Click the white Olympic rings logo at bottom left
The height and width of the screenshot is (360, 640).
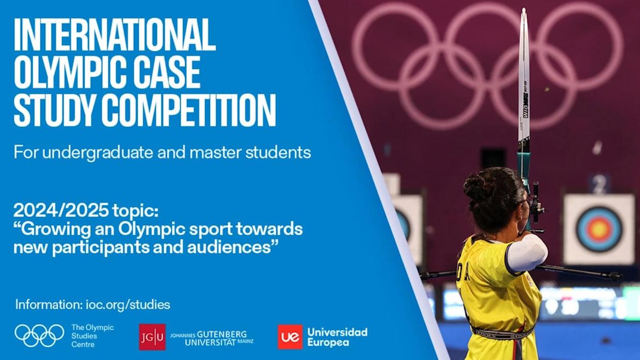pyautogui.click(x=39, y=336)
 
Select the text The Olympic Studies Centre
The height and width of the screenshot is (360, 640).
pyautogui.click(x=92, y=336)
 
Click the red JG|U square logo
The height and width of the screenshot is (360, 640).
pyautogui.click(x=152, y=337)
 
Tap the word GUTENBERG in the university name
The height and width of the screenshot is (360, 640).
pyautogui.click(x=223, y=334)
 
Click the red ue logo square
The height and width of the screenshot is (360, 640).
pyautogui.click(x=290, y=337)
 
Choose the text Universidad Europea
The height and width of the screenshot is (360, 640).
pyautogui.click(x=337, y=337)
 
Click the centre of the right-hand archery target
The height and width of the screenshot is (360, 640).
pyautogui.click(x=599, y=228)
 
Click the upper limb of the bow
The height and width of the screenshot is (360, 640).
pyautogui.click(x=524, y=77)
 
